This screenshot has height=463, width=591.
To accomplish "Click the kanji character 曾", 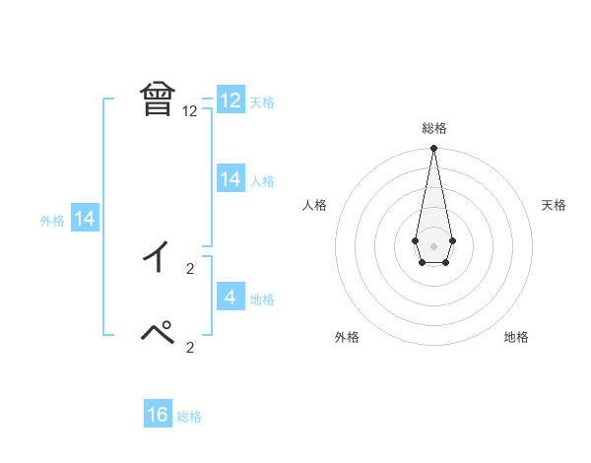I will click(x=158, y=99).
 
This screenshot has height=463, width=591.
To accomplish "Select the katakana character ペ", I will click(x=158, y=333).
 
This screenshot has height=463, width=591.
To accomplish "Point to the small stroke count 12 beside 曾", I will click(x=190, y=112).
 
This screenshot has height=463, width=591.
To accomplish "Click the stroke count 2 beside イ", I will click(x=190, y=267).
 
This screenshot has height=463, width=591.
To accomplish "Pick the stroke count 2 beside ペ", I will click(x=190, y=347).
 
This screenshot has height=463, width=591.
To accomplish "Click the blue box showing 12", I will click(x=230, y=100).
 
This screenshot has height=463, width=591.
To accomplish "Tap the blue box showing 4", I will click(x=230, y=297).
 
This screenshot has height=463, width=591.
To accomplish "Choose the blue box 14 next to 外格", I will click(x=85, y=219).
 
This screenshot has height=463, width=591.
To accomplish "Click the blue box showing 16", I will click(x=158, y=415).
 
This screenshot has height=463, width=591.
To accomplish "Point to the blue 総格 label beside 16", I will click(x=189, y=417).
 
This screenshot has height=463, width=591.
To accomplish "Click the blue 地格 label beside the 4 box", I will click(x=262, y=298).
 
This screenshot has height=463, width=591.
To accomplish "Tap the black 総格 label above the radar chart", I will click(x=433, y=128).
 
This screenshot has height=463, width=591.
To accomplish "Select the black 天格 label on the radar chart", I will click(x=554, y=205).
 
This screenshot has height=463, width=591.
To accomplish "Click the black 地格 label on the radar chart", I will click(x=516, y=337).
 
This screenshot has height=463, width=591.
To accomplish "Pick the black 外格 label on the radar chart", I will click(x=347, y=337).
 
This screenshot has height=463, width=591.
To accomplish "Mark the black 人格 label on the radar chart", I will click(x=314, y=205).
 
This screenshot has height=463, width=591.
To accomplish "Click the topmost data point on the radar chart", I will click(x=433, y=149).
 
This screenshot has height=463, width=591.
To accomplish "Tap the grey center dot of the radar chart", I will click(x=433, y=245).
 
